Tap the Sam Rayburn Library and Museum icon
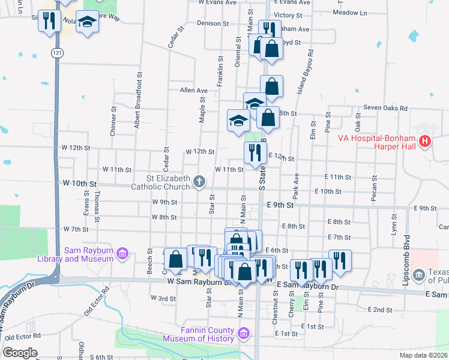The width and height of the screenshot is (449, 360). [x=122, y=254]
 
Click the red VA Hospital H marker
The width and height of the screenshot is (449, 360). [x=426, y=142]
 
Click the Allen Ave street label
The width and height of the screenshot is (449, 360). [x=193, y=91]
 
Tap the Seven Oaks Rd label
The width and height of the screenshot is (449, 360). [x=390, y=109]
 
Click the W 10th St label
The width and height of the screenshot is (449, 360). [x=79, y=182]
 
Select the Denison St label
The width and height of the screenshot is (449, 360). [x=214, y=23]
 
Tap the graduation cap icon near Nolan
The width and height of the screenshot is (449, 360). [x=88, y=22]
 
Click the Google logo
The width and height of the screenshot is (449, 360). [x=20, y=353]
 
